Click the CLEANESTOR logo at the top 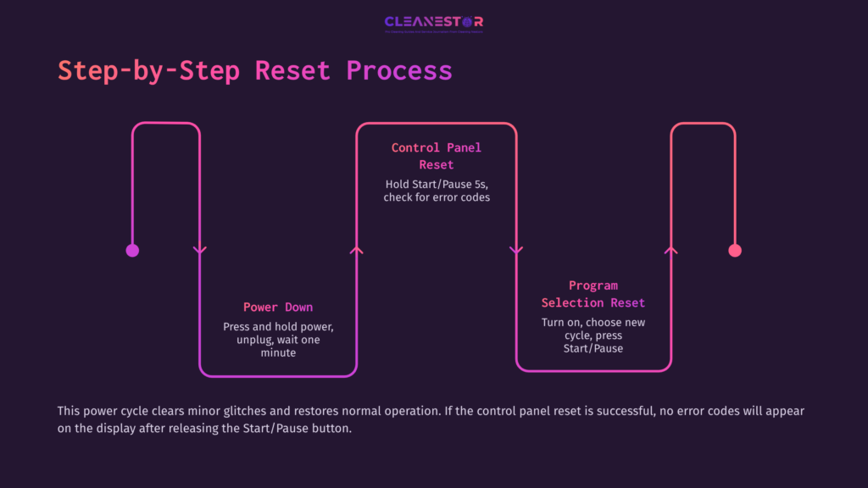pos(433,23)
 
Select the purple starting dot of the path pos(132,250)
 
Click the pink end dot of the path pos(735,250)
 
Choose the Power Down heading pos(278,307)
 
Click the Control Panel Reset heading pos(436,156)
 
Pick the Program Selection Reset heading pos(593,294)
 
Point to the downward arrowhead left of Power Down pos(200,250)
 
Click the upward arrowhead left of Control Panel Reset pos(357,250)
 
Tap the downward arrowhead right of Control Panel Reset pos(515,250)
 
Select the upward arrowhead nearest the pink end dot pos(671,250)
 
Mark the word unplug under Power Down pos(256,340)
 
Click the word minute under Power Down pos(278,352)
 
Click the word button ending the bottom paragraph pos(328,428)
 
